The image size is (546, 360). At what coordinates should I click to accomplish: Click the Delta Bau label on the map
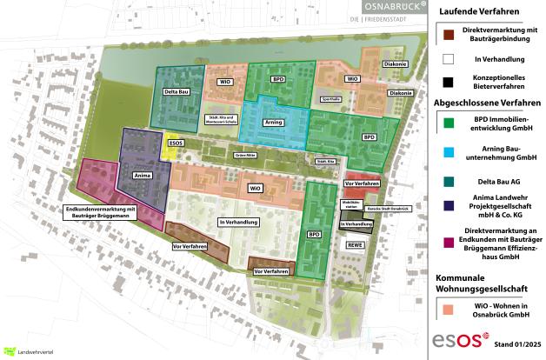(x=177, y=90)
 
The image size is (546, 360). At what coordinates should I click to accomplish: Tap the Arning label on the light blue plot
(x=274, y=123)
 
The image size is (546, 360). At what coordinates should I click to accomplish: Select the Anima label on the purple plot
(x=139, y=176)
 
